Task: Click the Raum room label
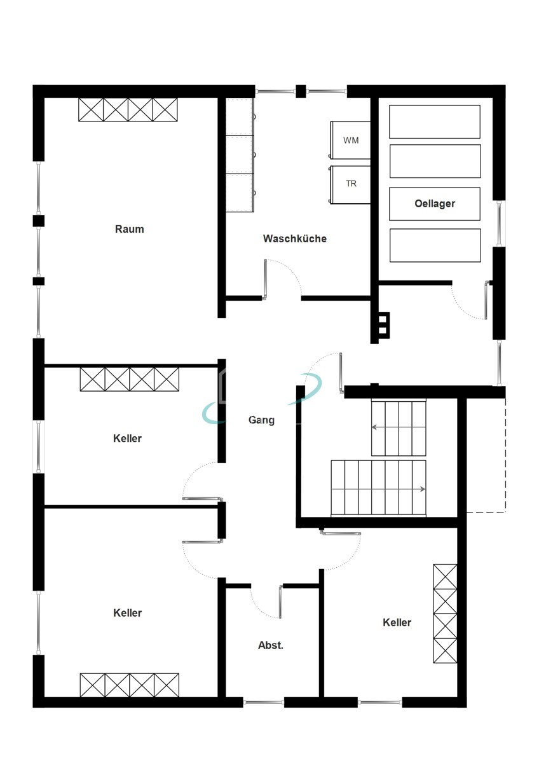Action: pos(130,229)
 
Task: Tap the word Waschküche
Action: pos(294,238)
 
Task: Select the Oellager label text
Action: pos(435,203)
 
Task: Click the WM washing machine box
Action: pos(350,140)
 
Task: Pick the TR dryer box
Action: pos(350,184)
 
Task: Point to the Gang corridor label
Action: pos(261,420)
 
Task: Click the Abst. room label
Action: pos(271,645)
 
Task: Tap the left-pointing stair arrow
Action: pos(399,427)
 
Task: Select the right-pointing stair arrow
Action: pos(378,490)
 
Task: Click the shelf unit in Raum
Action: pos(128,109)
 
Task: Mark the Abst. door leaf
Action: pos(280,601)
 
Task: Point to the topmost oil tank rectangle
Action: pos(435,121)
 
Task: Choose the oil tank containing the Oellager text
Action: pos(435,203)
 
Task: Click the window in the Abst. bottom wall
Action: pos(264,702)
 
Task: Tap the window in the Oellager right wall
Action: pos(500,223)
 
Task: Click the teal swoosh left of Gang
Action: pos(213,413)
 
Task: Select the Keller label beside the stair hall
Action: pos(397,622)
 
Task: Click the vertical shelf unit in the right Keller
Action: pos(445,614)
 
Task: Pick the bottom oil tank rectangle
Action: pos(435,245)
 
